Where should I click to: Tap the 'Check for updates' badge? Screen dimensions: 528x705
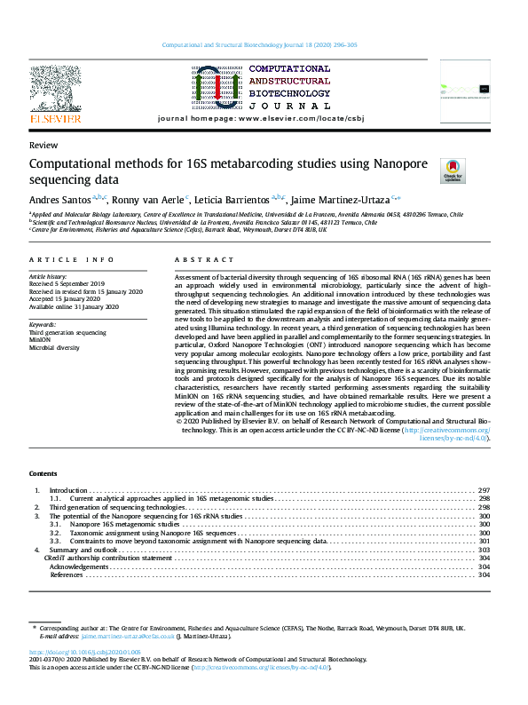(x=427, y=170)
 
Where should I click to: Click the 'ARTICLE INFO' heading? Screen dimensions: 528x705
(x=72, y=259)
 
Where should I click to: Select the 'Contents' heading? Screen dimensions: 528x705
(x=43, y=473)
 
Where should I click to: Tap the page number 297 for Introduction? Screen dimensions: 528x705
(x=484, y=490)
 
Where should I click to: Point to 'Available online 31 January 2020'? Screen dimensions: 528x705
(x=74, y=307)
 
